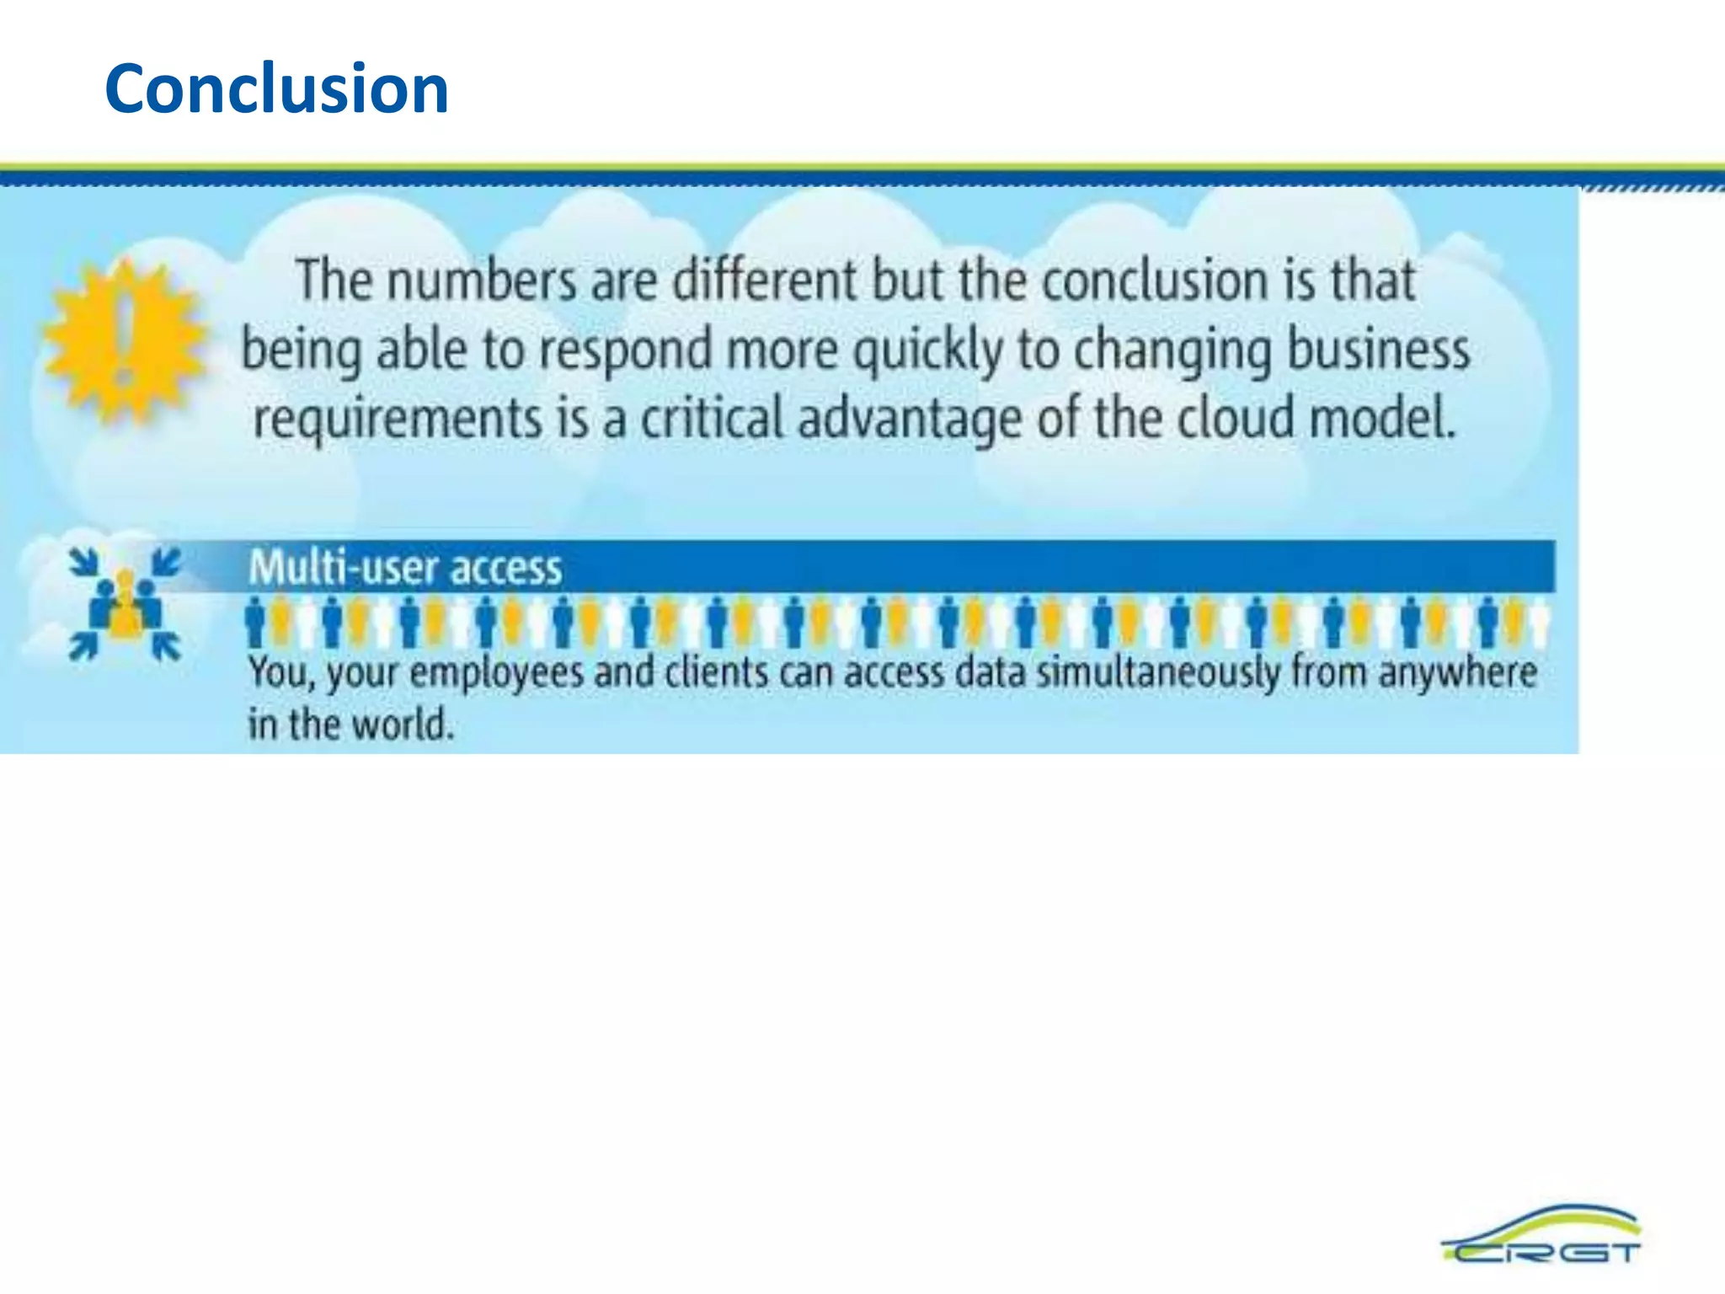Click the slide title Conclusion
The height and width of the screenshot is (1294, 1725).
point(276,88)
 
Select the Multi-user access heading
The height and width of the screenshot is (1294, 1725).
point(405,567)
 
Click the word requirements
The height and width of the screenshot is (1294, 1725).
point(398,420)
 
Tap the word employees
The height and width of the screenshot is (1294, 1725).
point(497,674)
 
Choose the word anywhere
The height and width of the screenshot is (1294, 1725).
point(1457,674)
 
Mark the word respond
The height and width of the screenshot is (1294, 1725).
point(626,350)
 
